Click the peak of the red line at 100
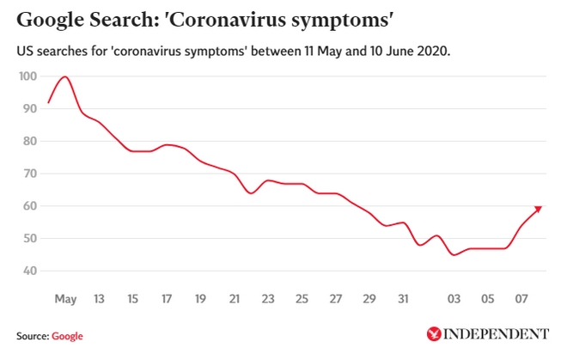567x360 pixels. click(x=64, y=76)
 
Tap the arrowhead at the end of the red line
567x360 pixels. click(x=539, y=208)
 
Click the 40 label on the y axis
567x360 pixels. click(x=29, y=271)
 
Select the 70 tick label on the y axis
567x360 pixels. click(x=29, y=174)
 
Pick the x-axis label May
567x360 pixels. click(x=65, y=299)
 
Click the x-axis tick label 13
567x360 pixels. click(x=99, y=299)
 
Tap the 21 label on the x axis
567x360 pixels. click(x=235, y=299)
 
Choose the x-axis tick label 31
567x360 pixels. click(x=404, y=299)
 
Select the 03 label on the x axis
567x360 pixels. click(x=454, y=299)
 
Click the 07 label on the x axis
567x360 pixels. click(x=521, y=299)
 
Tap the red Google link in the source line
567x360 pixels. click(x=67, y=335)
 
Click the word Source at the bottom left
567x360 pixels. click(x=32, y=335)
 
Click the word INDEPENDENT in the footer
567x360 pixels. click(x=496, y=333)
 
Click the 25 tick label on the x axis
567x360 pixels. click(x=302, y=299)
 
